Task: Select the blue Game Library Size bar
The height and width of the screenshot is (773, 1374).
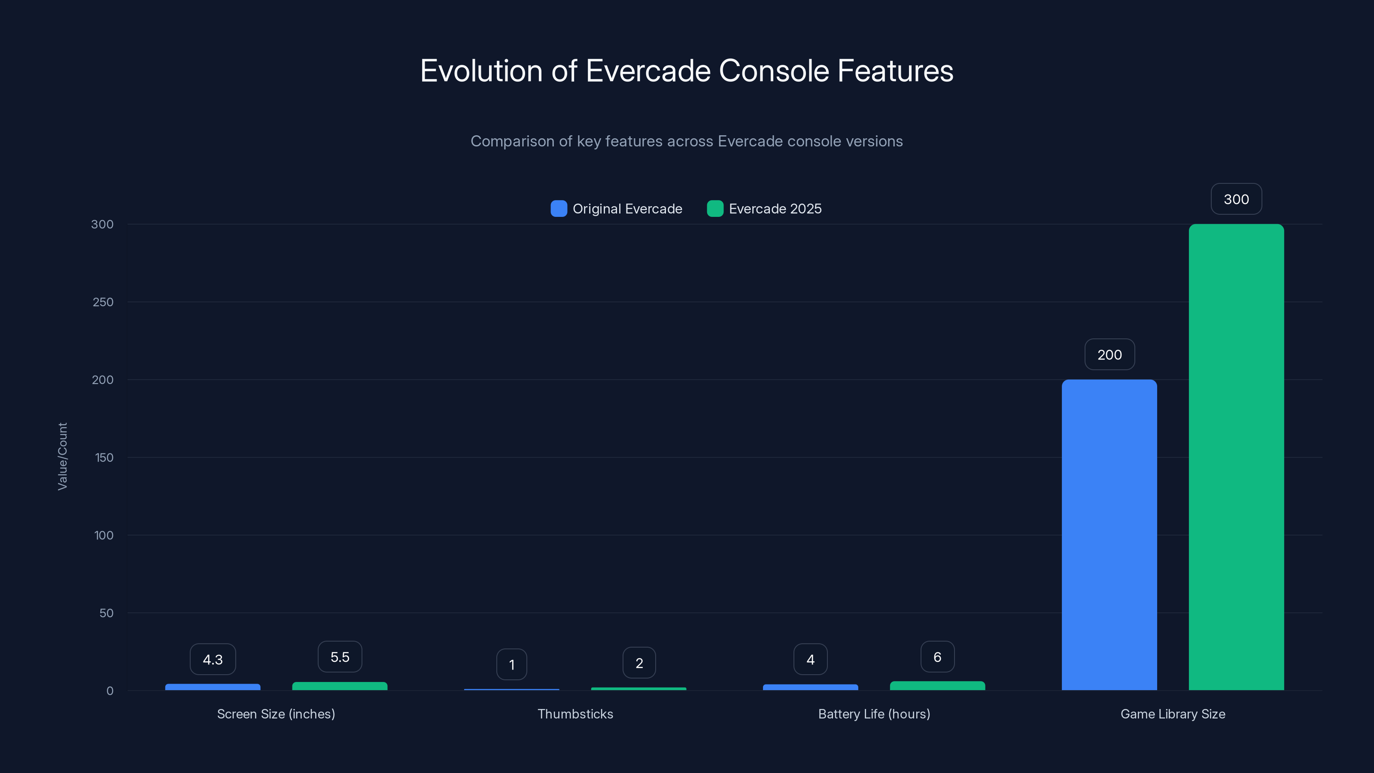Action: [1109, 535]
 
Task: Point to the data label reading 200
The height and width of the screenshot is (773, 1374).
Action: [1110, 355]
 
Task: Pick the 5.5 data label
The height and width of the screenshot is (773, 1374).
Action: [340, 657]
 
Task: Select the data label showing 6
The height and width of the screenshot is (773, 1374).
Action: [937, 657]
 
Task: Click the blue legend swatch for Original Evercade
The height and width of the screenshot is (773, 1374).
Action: [559, 209]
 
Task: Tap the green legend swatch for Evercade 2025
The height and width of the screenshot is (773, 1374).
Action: [715, 209]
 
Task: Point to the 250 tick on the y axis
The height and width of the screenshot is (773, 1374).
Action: [103, 302]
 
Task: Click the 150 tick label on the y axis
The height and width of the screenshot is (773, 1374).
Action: [104, 458]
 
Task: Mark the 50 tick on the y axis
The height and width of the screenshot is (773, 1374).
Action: [106, 613]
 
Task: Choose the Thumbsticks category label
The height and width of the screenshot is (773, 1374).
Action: [575, 714]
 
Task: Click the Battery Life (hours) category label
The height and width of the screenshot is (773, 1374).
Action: [874, 714]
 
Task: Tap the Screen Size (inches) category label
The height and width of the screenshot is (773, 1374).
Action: [276, 714]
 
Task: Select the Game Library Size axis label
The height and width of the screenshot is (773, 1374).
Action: [1172, 714]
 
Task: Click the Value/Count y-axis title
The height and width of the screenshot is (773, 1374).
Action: [62, 456]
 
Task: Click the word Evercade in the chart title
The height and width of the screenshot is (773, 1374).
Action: [648, 70]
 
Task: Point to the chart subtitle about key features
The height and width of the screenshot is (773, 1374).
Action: [687, 141]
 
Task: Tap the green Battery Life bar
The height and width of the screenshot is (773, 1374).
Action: [937, 685]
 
